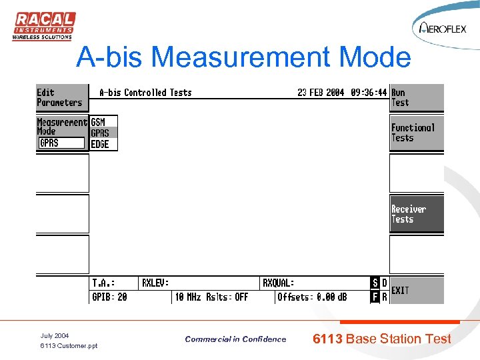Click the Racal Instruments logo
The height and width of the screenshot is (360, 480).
click(x=44, y=26)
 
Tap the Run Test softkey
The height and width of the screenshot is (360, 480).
click(x=416, y=98)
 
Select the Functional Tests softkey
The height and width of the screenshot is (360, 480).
click(x=416, y=133)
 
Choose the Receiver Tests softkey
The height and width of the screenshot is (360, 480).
click(x=416, y=214)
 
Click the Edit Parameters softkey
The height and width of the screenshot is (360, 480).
click(x=61, y=98)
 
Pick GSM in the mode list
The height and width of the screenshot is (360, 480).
click(x=99, y=122)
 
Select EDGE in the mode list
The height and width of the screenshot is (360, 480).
click(x=100, y=144)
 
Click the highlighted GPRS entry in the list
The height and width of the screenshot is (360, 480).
click(x=101, y=133)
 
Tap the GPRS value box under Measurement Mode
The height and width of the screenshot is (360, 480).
click(x=61, y=143)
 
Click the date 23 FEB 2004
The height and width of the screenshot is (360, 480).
click(x=321, y=93)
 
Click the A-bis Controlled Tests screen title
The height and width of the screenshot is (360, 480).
click(x=145, y=93)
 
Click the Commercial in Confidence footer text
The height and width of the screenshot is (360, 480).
click(x=235, y=339)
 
